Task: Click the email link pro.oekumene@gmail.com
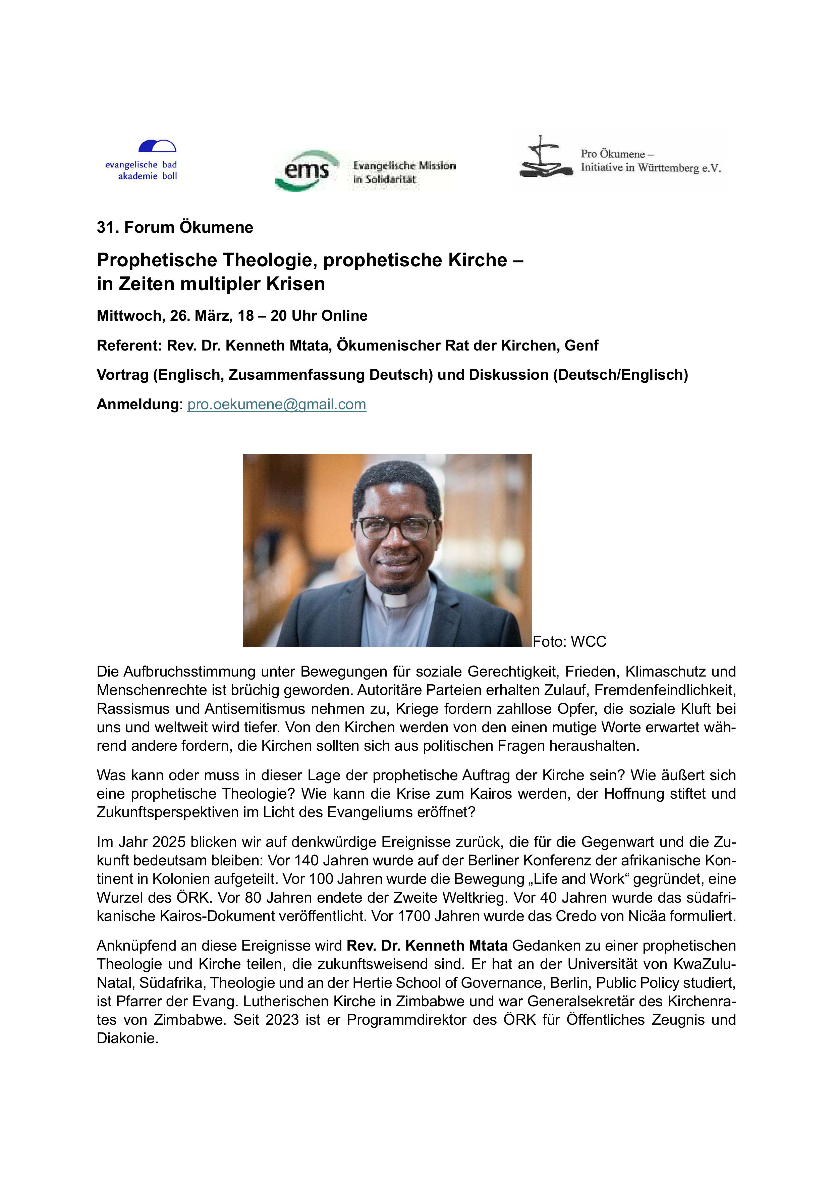click(x=276, y=405)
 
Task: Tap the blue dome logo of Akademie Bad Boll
click(x=157, y=147)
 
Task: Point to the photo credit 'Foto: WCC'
click(x=569, y=641)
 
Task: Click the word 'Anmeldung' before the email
click(x=137, y=405)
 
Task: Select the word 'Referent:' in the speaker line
click(x=129, y=345)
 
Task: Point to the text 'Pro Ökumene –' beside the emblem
click(x=617, y=154)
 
